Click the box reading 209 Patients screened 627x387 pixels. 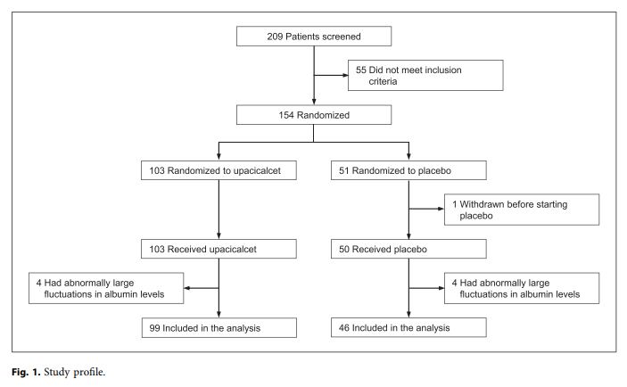click(315, 37)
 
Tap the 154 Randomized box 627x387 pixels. click(315, 114)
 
